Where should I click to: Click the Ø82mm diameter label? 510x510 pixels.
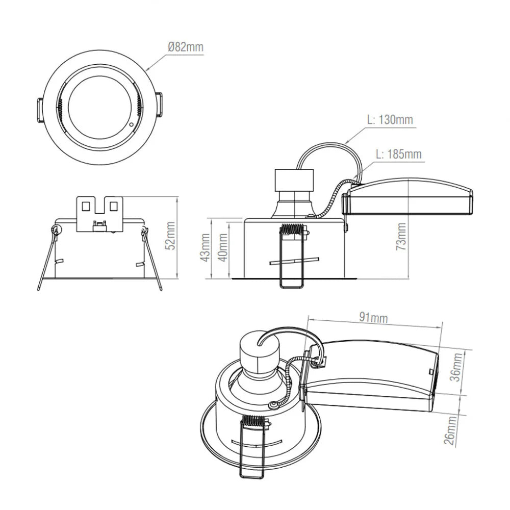click(x=186, y=47)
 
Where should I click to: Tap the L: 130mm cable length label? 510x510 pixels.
click(x=390, y=119)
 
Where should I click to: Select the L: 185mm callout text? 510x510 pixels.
click(x=399, y=154)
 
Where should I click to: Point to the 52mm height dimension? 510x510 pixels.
click(x=170, y=236)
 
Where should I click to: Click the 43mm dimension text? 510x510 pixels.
click(x=205, y=247)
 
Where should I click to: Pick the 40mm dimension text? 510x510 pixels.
click(x=223, y=247)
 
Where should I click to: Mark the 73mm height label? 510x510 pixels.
click(x=401, y=237)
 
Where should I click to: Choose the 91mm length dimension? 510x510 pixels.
click(x=373, y=317)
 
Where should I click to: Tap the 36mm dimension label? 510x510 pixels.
click(x=457, y=367)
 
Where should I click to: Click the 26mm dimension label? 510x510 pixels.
click(x=450, y=430)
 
